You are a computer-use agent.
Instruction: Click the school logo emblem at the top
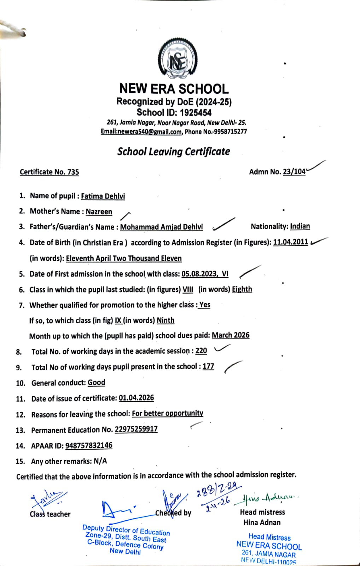click(x=177, y=59)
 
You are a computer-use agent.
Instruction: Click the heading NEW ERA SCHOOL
click(x=174, y=88)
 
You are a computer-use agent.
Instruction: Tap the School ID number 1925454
click(x=195, y=113)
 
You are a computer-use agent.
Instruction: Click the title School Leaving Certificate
click(x=174, y=152)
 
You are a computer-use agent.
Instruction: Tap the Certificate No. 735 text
click(x=49, y=172)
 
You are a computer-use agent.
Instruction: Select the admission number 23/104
click(x=294, y=172)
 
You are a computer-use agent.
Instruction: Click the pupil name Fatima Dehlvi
click(x=103, y=196)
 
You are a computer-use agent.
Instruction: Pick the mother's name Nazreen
click(x=99, y=212)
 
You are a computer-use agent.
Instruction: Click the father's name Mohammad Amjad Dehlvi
click(x=162, y=227)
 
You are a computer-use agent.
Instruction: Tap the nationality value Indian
click(x=300, y=226)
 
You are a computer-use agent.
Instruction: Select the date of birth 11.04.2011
click(x=290, y=242)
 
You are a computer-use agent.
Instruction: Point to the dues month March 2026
click(x=231, y=335)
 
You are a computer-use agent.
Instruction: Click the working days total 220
click(x=201, y=351)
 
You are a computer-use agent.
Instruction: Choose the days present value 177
click(x=208, y=366)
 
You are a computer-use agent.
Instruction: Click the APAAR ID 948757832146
click(x=89, y=446)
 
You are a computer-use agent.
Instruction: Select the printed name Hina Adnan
click(x=262, y=522)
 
